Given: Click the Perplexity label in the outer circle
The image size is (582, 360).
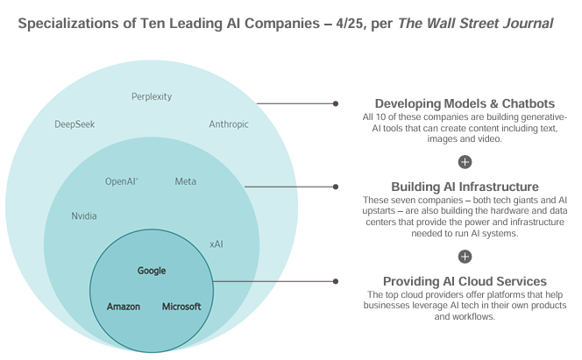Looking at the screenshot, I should pyautogui.click(x=152, y=96).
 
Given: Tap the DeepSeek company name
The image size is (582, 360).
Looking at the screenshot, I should pyautogui.click(x=75, y=124).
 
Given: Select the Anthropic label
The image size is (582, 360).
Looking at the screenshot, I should pyautogui.click(x=229, y=124).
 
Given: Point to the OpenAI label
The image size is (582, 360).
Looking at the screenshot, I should pyautogui.click(x=122, y=181).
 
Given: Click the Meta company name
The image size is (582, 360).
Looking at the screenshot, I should pyautogui.click(x=186, y=181).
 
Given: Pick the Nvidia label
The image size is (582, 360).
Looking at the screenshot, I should pyautogui.click(x=84, y=215).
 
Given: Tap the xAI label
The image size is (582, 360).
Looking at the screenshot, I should pyautogui.click(x=216, y=244).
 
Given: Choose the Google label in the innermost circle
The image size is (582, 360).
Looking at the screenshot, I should pyautogui.click(x=152, y=271).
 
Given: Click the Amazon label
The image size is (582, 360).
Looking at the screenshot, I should pyautogui.click(x=124, y=307).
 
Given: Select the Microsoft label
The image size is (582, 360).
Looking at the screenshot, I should pyautogui.click(x=181, y=307).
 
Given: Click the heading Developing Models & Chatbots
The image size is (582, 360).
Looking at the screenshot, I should pyautogui.click(x=465, y=103).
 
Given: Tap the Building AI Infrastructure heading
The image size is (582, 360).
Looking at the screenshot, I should pyautogui.click(x=465, y=187).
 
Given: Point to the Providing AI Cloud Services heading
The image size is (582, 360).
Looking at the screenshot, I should pyautogui.click(x=465, y=281).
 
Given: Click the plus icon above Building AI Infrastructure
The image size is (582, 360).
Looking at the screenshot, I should pyautogui.click(x=465, y=161).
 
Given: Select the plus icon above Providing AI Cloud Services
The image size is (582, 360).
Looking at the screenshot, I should pyautogui.click(x=465, y=256).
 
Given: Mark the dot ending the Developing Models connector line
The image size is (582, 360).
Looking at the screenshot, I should pyautogui.click(x=335, y=103).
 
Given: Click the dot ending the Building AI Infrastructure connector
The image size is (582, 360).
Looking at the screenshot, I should pyautogui.click(x=335, y=187).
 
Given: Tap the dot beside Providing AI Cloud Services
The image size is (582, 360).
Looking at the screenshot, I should pyautogui.click(x=335, y=281).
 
